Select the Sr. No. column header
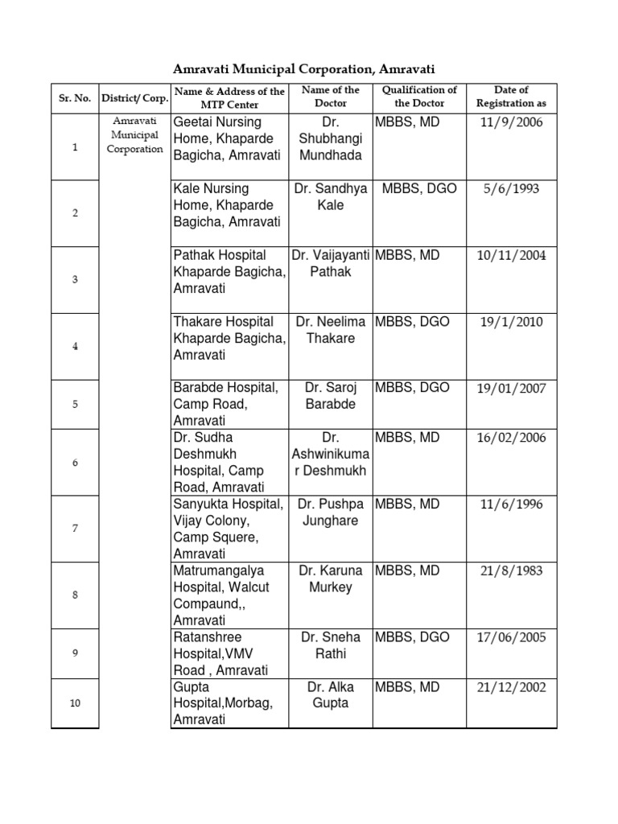click(x=74, y=97)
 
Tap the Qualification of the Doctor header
click(x=419, y=97)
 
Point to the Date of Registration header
click(x=511, y=97)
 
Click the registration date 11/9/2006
click(x=511, y=122)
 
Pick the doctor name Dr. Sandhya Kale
click(x=331, y=196)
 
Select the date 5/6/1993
click(x=511, y=189)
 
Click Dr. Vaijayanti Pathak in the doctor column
click(x=331, y=263)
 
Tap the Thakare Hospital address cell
click(x=229, y=338)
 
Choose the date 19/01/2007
click(x=511, y=389)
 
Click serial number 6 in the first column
click(x=75, y=463)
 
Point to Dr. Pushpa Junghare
click(x=331, y=513)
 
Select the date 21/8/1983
click(x=511, y=571)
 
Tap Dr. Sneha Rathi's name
click(x=331, y=645)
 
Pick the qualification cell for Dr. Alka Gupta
click(x=408, y=687)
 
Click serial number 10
click(x=75, y=702)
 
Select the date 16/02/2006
click(x=511, y=439)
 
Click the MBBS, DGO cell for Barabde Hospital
click(x=412, y=388)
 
